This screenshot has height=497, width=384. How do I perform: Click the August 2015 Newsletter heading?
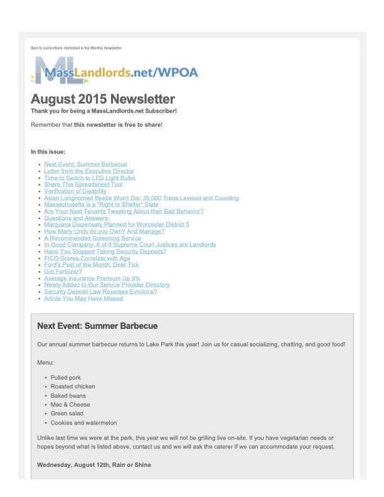(103, 99)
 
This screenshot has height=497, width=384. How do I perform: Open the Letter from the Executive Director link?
(88, 171)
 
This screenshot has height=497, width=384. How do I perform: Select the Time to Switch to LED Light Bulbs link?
(90, 178)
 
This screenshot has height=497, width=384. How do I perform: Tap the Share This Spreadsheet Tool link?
(83, 184)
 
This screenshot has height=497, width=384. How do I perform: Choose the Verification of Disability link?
(75, 191)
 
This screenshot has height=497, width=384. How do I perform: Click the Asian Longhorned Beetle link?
(141, 198)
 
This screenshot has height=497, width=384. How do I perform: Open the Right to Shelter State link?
(101, 205)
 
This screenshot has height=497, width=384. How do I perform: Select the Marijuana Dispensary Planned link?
(117, 225)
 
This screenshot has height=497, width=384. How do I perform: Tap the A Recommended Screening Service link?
(93, 238)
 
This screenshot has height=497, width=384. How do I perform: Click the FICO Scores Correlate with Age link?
(87, 259)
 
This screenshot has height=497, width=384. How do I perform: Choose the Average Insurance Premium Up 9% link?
(92, 278)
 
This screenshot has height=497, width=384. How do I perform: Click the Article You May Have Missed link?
(83, 299)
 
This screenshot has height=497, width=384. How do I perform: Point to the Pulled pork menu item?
(66, 378)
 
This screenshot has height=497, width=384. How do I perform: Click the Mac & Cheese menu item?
(70, 405)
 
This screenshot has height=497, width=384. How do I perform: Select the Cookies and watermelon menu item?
(83, 423)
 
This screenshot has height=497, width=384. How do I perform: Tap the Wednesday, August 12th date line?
(93, 465)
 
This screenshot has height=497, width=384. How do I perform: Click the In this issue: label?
(48, 151)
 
